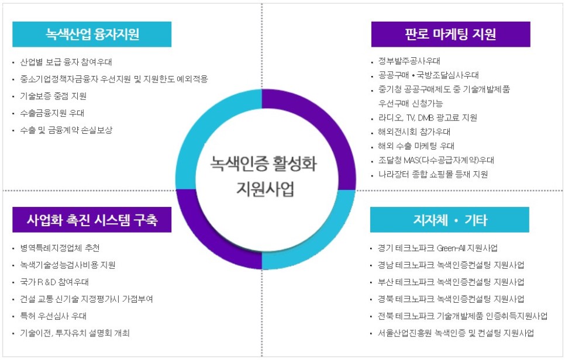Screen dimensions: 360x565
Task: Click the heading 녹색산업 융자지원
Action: point(92,34)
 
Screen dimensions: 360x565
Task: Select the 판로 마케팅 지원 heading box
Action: point(450,34)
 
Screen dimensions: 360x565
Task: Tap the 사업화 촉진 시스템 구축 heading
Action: point(92,220)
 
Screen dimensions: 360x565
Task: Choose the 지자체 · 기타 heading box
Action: point(449,220)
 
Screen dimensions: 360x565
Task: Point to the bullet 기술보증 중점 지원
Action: point(53,96)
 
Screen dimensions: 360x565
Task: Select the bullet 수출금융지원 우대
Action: point(52,113)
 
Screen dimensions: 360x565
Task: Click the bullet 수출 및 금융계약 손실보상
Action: point(66,130)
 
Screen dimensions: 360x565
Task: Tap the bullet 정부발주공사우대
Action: point(409,61)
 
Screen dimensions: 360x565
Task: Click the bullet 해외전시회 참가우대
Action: point(414,131)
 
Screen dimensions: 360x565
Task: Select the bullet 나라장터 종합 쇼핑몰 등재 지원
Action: point(433,174)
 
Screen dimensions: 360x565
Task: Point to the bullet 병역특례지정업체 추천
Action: point(60,247)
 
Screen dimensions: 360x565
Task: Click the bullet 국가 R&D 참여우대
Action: point(54,282)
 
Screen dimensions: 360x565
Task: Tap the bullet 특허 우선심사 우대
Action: point(53,316)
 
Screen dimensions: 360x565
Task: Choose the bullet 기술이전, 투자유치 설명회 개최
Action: point(74,333)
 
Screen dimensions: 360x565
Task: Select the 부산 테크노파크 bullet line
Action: point(451,282)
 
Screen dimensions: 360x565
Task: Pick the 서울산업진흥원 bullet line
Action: point(456,333)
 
